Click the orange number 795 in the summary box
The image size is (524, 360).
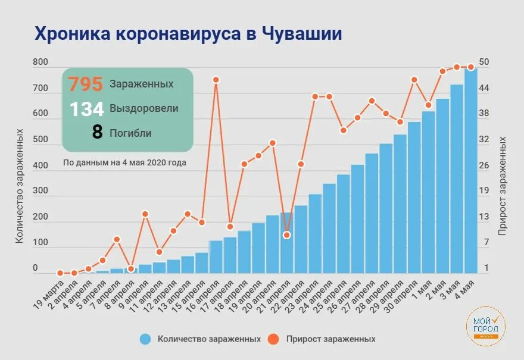[86, 84]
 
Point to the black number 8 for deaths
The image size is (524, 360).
[97, 132]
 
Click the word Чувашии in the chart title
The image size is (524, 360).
[302, 33]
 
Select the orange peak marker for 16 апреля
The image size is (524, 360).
[216, 80]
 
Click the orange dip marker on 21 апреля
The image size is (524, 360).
[287, 235]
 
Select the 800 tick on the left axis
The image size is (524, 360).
[40, 62]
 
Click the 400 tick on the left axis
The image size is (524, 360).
[40, 165]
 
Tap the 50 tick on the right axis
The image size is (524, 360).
[484, 62]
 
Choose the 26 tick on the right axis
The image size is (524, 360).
[484, 165]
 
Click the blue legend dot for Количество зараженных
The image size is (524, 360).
[145, 339]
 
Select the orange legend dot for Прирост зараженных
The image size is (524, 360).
[274, 339]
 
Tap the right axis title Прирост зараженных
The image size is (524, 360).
[503, 186]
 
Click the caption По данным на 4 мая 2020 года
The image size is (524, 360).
[124, 162]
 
